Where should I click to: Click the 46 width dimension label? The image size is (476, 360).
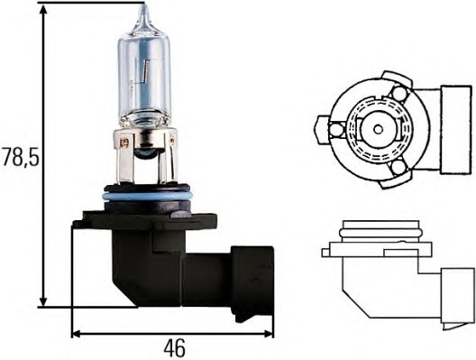[174, 349]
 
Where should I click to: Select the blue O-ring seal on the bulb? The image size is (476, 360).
[147, 196]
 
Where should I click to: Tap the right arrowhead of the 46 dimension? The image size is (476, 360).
[268, 334]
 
